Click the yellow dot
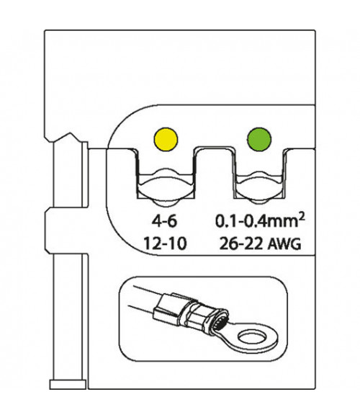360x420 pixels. click(166, 140)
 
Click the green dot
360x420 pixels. click(258, 140)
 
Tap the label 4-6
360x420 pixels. click(164, 221)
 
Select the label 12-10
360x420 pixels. click(165, 243)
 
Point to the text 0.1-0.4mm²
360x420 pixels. click(260, 220)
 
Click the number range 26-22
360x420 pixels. click(240, 243)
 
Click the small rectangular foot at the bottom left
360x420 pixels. click(68, 385)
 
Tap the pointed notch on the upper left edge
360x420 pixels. click(71, 134)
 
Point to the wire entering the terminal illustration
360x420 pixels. click(145, 298)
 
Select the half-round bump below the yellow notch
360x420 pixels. click(166, 202)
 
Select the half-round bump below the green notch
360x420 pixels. click(258, 202)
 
